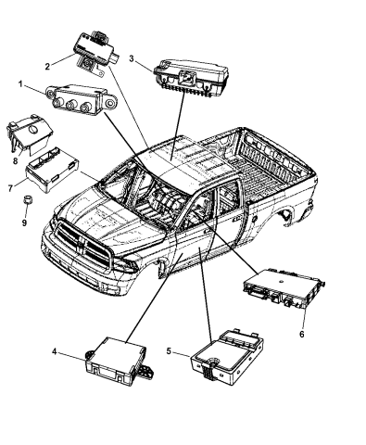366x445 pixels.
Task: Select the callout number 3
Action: tap(133, 59)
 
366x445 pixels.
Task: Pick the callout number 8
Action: tap(15, 159)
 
